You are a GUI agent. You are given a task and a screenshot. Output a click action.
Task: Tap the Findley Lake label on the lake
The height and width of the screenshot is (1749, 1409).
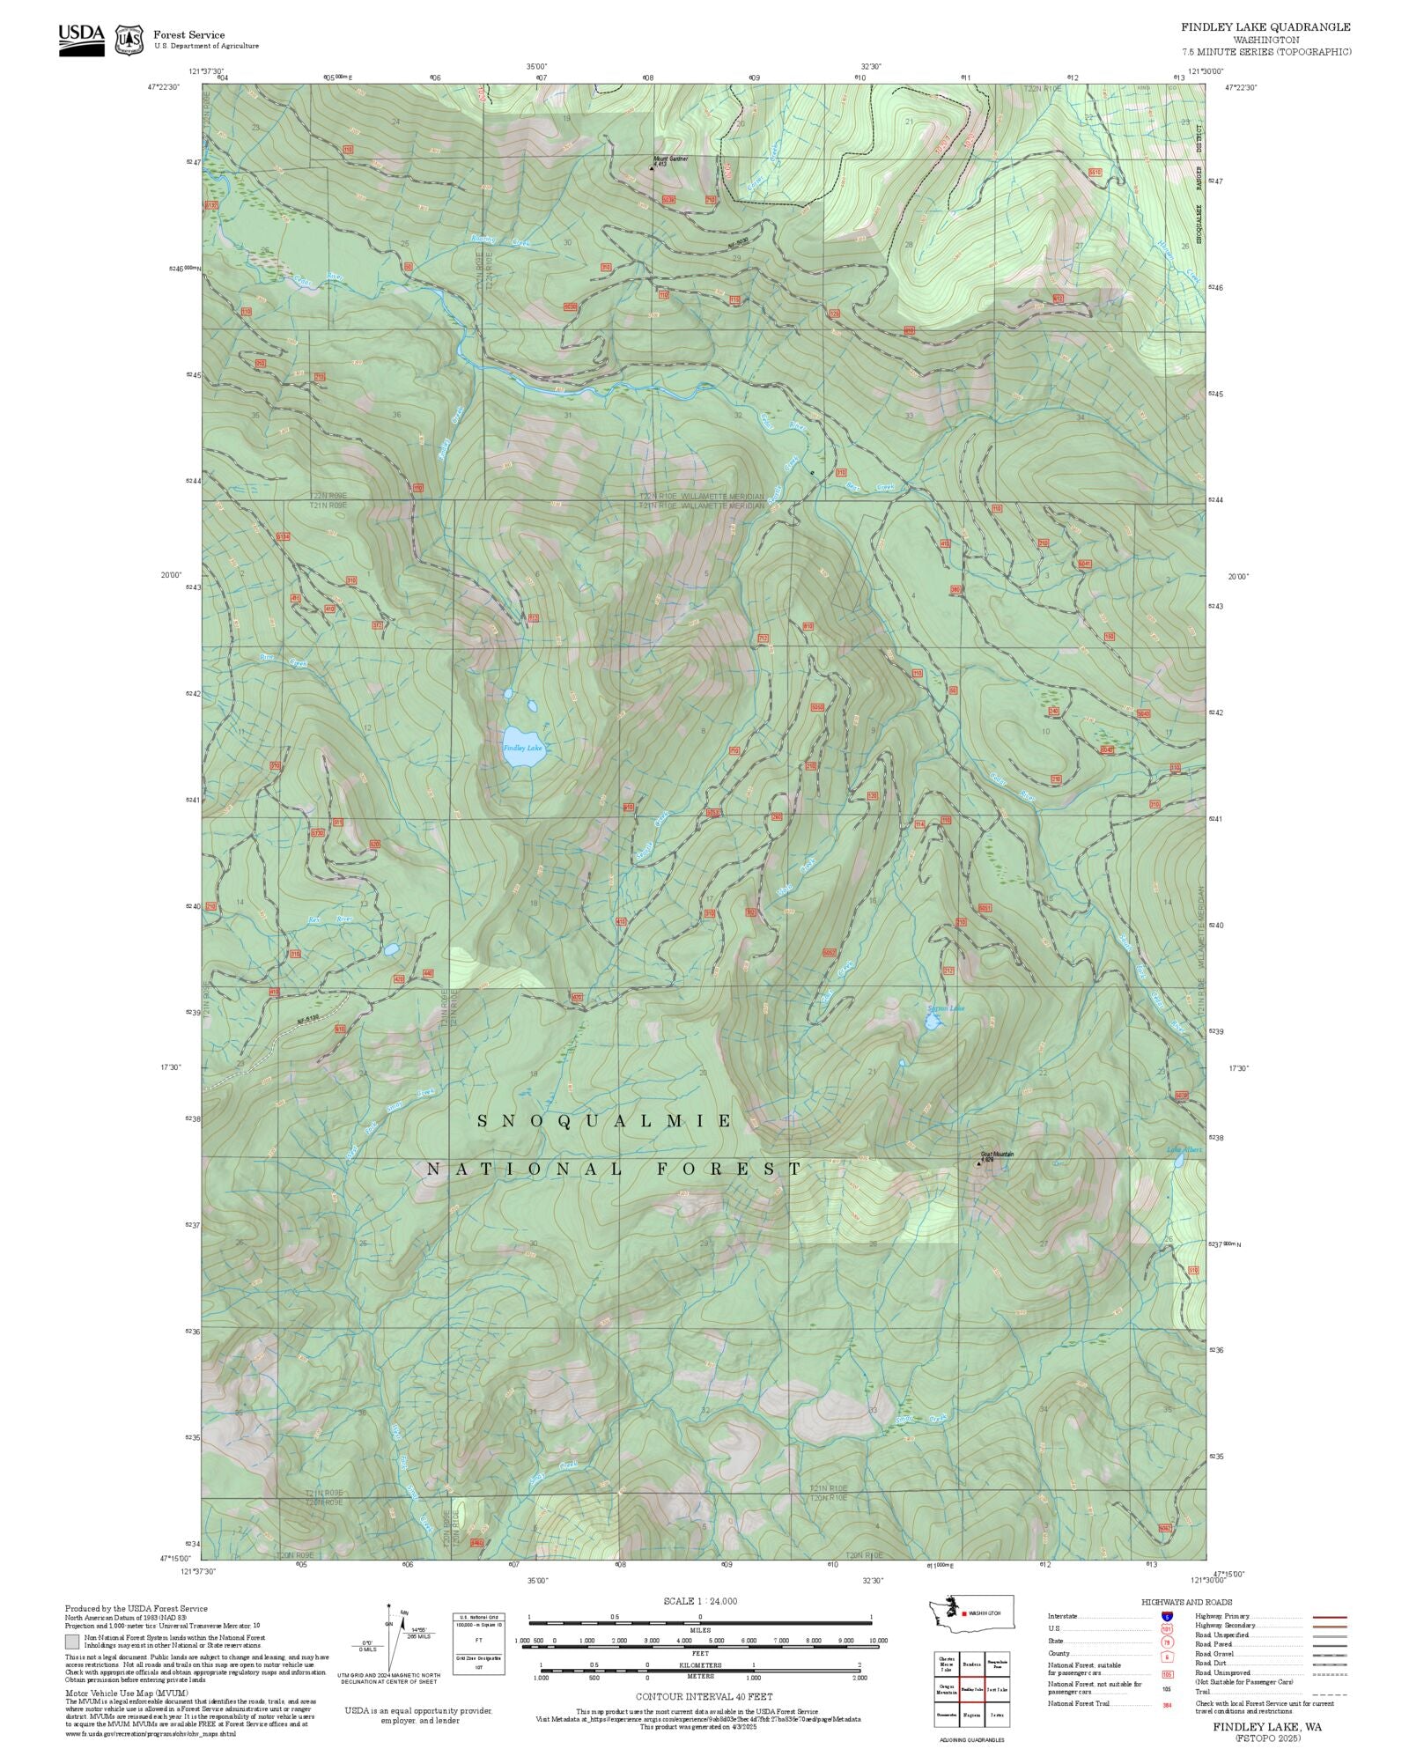click(x=523, y=748)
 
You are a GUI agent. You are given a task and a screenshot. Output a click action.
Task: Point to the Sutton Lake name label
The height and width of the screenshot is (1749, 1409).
click(x=946, y=1008)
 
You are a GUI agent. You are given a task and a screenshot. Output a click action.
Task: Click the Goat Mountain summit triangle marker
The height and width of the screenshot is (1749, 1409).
click(x=978, y=1164)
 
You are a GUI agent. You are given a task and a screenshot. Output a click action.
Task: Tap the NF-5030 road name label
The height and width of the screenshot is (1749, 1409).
click(x=736, y=240)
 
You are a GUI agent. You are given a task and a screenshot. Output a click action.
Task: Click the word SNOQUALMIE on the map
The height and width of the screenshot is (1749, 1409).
click(x=604, y=1120)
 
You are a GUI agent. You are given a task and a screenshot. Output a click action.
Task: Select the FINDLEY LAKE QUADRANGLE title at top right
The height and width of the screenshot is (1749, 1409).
click(x=1265, y=27)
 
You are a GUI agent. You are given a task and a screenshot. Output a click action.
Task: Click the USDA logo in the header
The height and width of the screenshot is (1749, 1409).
click(x=81, y=40)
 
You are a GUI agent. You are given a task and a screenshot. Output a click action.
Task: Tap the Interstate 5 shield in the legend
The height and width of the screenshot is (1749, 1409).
click(x=1167, y=1617)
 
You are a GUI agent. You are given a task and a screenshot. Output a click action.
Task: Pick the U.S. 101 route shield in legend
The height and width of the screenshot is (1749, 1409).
click(x=1167, y=1629)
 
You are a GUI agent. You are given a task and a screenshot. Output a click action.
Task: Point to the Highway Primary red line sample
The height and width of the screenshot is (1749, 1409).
click(x=1329, y=1617)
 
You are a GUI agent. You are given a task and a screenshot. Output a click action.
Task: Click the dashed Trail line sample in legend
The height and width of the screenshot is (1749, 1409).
click(x=1329, y=1691)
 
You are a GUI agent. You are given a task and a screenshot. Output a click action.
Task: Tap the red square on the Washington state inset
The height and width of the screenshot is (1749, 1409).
click(x=965, y=1613)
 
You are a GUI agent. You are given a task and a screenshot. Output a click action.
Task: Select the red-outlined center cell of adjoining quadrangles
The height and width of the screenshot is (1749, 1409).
click(x=971, y=1689)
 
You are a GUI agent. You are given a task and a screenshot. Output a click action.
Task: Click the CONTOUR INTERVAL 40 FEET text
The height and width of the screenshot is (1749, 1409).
click(x=704, y=1695)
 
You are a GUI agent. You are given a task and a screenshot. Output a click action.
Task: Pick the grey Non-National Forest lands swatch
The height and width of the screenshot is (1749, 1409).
click(x=72, y=1642)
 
